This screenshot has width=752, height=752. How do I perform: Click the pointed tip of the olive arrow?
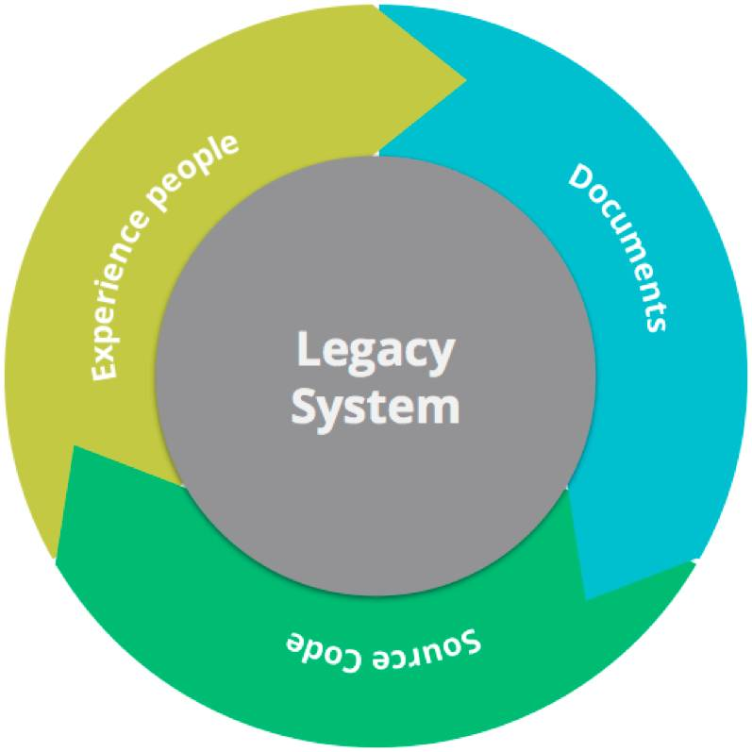coord(466,80)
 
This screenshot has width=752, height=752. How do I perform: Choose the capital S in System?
coord(303,406)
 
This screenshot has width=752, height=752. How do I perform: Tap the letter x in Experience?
coord(106,349)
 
